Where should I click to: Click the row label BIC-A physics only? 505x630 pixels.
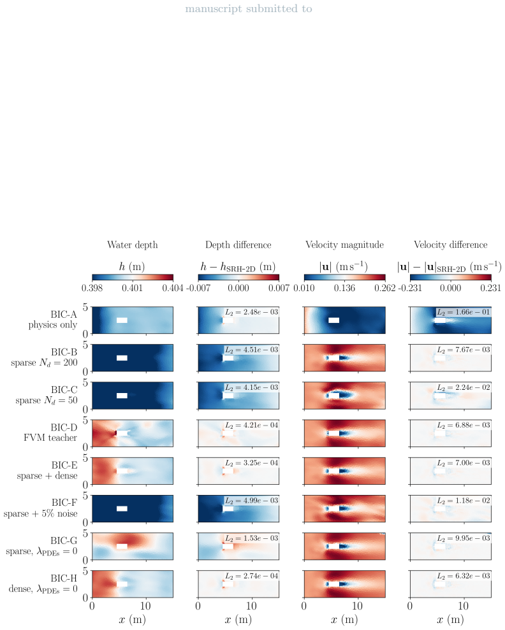tap(53, 319)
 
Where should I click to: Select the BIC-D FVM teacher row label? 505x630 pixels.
tap(50, 433)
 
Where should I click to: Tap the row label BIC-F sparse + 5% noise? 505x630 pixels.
tap(41, 508)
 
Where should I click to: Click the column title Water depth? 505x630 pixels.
tap(132, 245)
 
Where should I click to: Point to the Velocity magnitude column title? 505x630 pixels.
tap(344, 245)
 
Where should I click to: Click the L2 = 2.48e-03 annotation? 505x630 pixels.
tap(251, 311)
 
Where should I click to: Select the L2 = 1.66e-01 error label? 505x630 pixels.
tap(463, 311)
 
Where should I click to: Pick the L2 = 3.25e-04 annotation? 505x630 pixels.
tap(251, 463)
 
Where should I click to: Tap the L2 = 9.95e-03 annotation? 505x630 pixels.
tap(463, 538)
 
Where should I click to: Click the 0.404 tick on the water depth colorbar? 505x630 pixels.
tap(173, 288)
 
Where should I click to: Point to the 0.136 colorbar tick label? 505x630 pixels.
tap(344, 288)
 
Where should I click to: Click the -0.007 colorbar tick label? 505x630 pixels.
tap(198, 288)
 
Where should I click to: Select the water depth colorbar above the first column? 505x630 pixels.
tap(133, 277)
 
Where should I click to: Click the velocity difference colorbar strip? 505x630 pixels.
tap(451, 277)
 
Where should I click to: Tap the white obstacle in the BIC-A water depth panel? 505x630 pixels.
tap(122, 320)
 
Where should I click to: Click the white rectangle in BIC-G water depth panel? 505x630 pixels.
tap(122, 547)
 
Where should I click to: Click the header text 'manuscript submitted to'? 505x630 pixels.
tap(249, 9)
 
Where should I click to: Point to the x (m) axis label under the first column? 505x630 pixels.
tap(132, 620)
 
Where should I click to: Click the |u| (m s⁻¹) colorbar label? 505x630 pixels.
tap(344, 267)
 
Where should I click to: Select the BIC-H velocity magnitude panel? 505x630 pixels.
tap(344, 583)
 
